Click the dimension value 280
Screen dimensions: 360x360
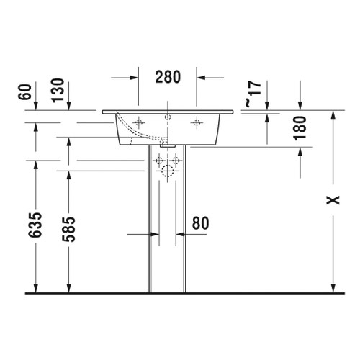[x=168, y=76]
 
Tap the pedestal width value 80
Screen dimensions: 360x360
[x=200, y=224]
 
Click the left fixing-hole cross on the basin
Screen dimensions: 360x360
[x=140, y=123]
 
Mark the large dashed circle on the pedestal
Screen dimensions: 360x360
[x=168, y=171]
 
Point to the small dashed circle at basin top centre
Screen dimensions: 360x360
[x=168, y=117]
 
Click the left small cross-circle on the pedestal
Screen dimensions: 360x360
[x=159, y=161]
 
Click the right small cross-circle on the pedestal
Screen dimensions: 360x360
[x=176, y=161]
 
